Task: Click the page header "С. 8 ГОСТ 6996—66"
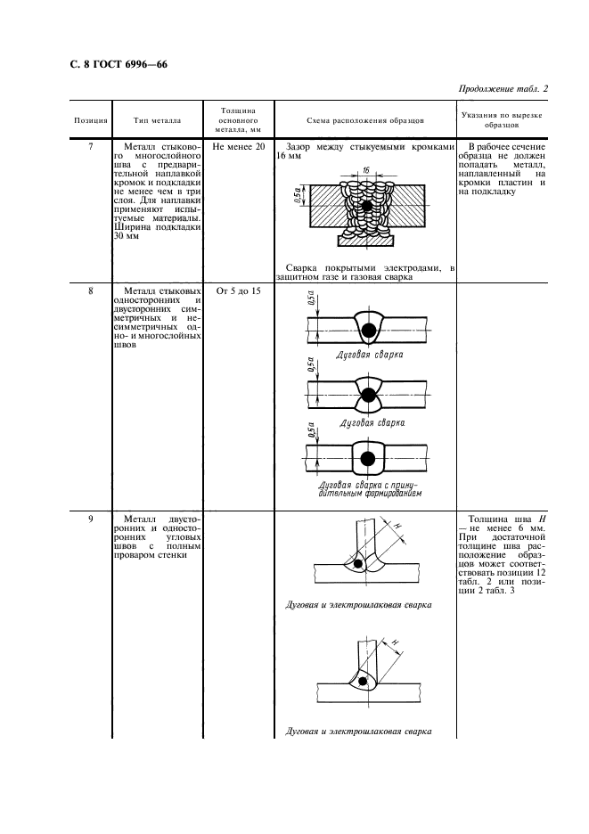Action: point(119,65)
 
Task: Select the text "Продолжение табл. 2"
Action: point(503,88)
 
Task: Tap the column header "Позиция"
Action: point(90,119)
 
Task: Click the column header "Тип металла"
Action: point(157,119)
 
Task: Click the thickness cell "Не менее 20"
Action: point(238,146)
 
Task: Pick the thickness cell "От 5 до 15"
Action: point(238,290)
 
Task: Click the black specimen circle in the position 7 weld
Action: point(367,207)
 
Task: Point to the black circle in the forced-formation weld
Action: point(366,460)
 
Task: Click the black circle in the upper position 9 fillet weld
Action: point(358,564)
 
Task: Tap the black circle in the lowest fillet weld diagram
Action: point(364,682)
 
